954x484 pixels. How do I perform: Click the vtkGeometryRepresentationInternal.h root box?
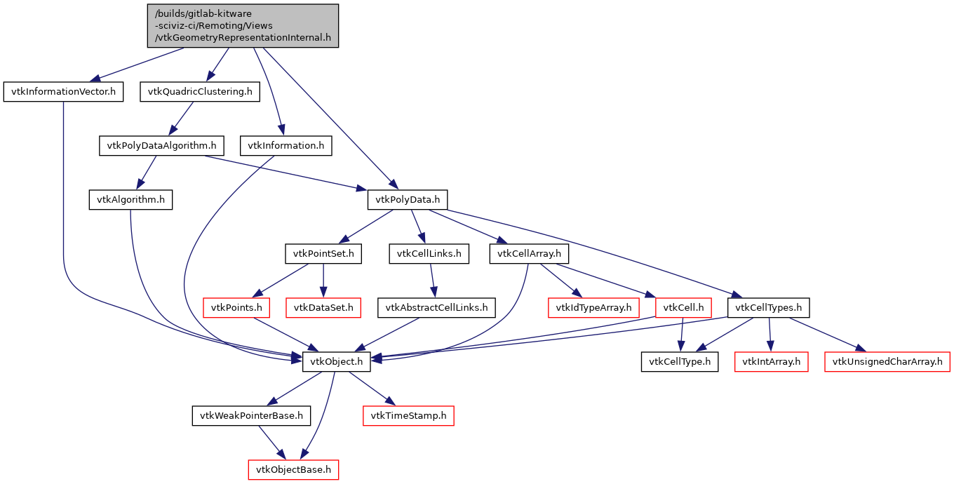243,26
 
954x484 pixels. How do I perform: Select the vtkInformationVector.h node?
63,92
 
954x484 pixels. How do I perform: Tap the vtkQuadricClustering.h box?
200,92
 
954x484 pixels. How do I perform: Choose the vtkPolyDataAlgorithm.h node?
161,146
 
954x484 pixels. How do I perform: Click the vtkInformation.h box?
286,146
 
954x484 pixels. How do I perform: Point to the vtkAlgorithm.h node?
131,200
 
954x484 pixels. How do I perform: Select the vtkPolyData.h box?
408,200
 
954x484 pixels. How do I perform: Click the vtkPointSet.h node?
323,253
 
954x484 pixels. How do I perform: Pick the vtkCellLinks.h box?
429,253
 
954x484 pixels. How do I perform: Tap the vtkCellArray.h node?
529,253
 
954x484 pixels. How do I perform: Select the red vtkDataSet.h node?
323,307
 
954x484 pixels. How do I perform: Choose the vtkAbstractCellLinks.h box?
437,307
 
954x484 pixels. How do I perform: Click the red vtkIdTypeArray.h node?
593,307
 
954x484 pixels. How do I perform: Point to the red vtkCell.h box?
683,307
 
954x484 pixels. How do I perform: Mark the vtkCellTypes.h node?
770,307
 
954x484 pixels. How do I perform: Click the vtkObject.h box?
337,362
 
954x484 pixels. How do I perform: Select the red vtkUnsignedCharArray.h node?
887,362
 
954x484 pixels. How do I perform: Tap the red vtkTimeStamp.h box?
408,416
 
